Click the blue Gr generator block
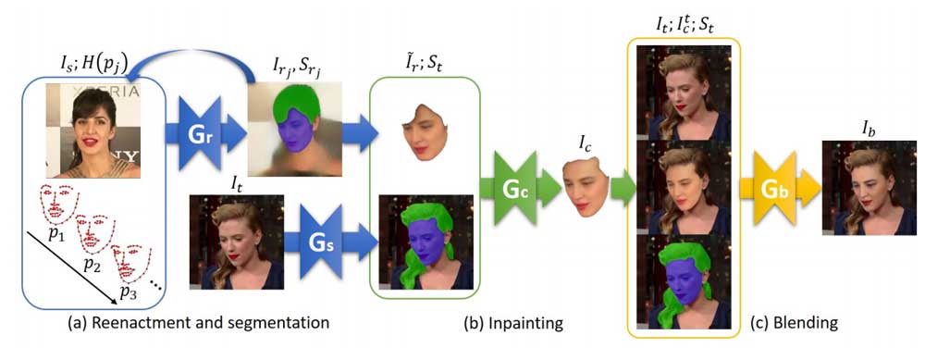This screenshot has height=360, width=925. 209,133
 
